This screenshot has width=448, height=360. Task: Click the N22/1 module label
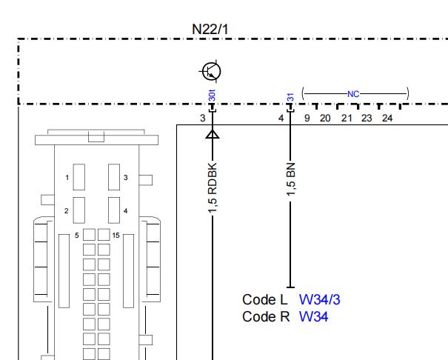point(210,29)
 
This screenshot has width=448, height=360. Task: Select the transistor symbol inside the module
point(211,71)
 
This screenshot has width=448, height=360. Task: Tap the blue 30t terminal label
point(213,96)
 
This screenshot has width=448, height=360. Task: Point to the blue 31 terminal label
point(290,98)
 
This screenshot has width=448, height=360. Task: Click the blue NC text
point(353,94)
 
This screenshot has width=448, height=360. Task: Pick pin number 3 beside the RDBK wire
point(203,118)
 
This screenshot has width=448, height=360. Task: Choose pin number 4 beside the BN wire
point(281,118)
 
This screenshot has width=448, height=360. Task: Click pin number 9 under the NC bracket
point(307,118)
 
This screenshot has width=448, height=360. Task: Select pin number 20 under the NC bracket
point(325,118)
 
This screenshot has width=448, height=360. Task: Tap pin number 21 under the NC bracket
point(347,118)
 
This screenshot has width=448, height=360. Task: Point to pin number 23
point(367,118)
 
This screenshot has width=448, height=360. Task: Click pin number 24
point(387,118)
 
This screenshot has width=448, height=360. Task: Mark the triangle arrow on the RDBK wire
point(213,134)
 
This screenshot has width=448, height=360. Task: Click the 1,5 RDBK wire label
point(213,188)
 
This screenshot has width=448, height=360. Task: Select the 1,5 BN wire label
point(290,179)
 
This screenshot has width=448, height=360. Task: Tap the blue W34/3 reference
point(319,300)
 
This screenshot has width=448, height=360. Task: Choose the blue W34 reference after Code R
point(313,316)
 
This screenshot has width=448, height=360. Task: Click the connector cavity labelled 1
point(78,177)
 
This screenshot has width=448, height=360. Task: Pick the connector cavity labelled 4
point(114,210)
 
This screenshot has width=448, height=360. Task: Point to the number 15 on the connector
point(116,235)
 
